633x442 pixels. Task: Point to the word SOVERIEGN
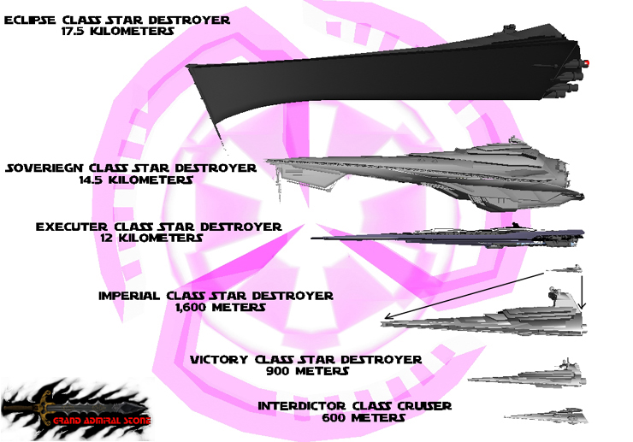(x=49, y=168)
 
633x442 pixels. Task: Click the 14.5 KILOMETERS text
(x=132, y=180)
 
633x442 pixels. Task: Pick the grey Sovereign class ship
(x=419, y=175)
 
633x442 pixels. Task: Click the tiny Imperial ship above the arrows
(x=564, y=270)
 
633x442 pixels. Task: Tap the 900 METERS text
(x=306, y=371)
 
